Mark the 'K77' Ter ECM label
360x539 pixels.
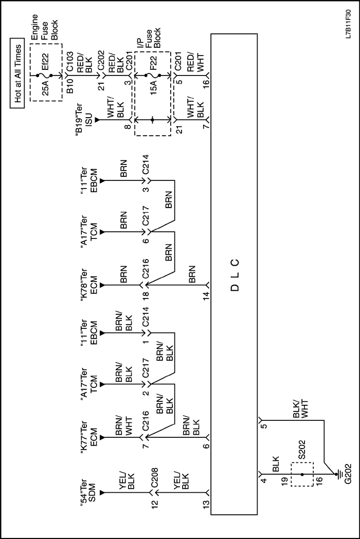point(88,437)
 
